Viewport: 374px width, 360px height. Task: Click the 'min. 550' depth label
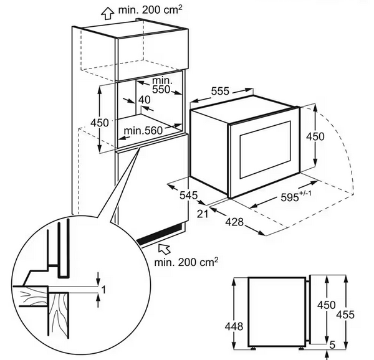tap(162, 85)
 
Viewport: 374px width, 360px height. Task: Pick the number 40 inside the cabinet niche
tap(145, 100)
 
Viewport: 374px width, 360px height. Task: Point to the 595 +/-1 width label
tap(290, 197)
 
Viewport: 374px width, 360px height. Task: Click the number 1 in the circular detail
tap(103, 289)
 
